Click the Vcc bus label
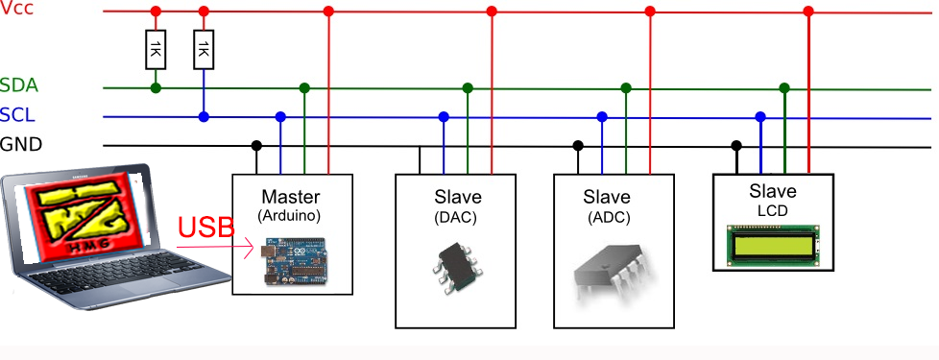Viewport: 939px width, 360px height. coord(16,10)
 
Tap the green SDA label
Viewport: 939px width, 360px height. coord(19,85)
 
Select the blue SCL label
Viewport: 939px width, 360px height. coord(17,115)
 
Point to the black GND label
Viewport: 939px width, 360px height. coord(21,144)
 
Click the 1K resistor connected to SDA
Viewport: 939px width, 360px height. coord(156,50)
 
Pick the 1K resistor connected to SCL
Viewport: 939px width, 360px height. coord(204,50)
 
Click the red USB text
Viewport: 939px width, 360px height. coord(206,228)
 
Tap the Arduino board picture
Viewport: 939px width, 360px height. coord(293,260)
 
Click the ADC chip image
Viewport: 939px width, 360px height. coord(612,272)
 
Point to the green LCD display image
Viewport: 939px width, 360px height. coord(773,245)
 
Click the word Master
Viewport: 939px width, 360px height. coord(291,197)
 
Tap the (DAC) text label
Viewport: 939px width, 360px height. coord(455,218)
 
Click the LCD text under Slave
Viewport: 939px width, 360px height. coord(773,211)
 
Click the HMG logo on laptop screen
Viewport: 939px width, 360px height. coord(78,216)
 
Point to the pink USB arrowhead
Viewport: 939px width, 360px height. coord(249,248)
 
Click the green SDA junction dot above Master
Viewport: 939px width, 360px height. coord(304,88)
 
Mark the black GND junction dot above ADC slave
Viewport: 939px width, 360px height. coord(578,145)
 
